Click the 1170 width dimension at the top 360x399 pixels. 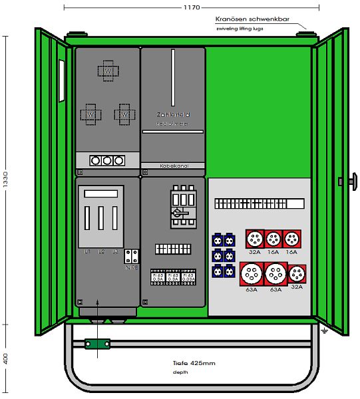[190, 7]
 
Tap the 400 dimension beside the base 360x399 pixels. [6, 358]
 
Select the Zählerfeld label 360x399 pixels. [172, 114]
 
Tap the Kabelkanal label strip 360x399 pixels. [173, 164]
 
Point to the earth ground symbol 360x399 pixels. [323, 330]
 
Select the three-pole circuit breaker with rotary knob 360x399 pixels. [182, 207]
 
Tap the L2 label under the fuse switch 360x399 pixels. [101, 251]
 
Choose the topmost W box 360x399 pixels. [108, 70]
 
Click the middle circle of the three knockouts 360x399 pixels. [107, 160]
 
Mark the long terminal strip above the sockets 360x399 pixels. [258, 203]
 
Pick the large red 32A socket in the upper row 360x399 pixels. [254, 239]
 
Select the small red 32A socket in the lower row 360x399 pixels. [296, 273]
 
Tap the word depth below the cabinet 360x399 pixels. [180, 372]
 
